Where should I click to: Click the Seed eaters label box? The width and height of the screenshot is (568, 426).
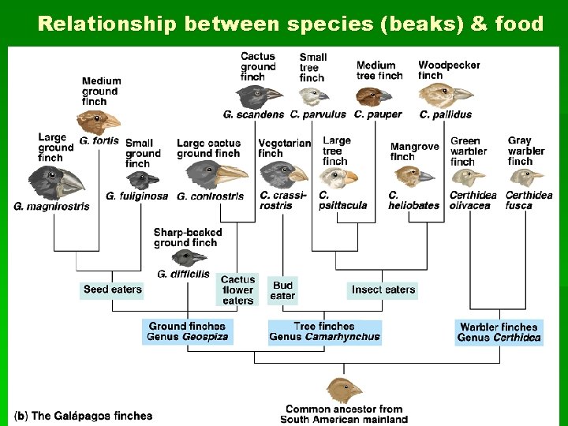click(x=113, y=290)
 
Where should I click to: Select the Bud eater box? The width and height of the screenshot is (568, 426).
click(x=282, y=290)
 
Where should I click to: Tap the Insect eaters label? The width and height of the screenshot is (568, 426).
click(x=383, y=290)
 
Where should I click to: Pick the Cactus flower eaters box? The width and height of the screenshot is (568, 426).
click(x=237, y=290)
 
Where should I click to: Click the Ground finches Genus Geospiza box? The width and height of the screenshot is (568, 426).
click(x=188, y=331)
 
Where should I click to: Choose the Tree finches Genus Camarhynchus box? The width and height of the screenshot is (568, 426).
click(x=324, y=331)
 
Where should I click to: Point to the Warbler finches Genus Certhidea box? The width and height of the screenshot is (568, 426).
click(x=499, y=332)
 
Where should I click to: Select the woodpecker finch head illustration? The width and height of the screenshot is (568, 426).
click(x=444, y=95)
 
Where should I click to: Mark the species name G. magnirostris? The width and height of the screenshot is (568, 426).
click(x=51, y=207)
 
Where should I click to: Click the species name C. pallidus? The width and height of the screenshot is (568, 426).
click(x=446, y=114)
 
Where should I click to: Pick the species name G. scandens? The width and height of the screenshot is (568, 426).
click(x=253, y=114)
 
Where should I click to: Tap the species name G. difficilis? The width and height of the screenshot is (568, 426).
click(x=183, y=274)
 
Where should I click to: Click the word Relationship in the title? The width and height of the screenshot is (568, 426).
click(x=107, y=24)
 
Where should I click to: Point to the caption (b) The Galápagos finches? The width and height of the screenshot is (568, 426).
click(x=84, y=415)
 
